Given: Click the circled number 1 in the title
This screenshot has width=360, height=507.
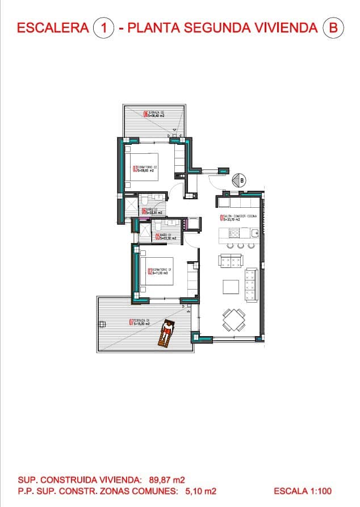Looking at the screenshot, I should click(x=104, y=27).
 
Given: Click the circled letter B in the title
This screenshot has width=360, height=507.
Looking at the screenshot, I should click(x=333, y=27).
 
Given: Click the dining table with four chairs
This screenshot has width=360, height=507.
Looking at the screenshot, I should click(x=233, y=320).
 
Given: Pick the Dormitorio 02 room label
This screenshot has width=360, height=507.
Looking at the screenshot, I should click(x=145, y=168).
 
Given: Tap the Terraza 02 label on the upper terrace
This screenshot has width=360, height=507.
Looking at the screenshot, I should click(x=154, y=114).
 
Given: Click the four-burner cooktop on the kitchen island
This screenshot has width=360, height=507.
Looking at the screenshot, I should click(x=234, y=233).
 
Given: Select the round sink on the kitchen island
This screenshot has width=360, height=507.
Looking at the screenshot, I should click(x=256, y=233).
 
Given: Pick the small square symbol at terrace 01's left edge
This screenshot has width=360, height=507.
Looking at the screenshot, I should click(x=102, y=324).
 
